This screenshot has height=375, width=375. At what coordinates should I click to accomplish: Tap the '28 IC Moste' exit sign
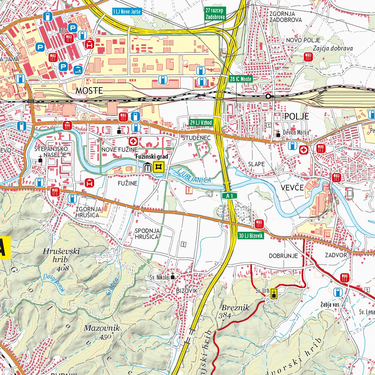tap(241, 79)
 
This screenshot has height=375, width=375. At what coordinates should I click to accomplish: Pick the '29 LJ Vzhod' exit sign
tap(201, 122)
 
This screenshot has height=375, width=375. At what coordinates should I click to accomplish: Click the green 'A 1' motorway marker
tap(230, 196)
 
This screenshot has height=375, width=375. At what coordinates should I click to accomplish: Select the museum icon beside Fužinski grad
tap(148, 167)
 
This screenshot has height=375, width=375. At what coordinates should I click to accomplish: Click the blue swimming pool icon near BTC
tap(78, 70)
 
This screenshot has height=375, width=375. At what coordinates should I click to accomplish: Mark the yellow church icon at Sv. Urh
tap(274, 293)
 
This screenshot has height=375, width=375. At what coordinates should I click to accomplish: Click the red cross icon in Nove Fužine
tap(133, 141)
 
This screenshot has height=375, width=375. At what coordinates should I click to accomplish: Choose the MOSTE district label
tap(89, 90)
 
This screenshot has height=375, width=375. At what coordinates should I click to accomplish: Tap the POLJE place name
tap(296, 116)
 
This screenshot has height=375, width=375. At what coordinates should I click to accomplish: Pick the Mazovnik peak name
tap(101, 328)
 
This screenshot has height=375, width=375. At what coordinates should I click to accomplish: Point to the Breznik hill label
tap(235, 308)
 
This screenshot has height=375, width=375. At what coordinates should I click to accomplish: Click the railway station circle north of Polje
tap(268, 96)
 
